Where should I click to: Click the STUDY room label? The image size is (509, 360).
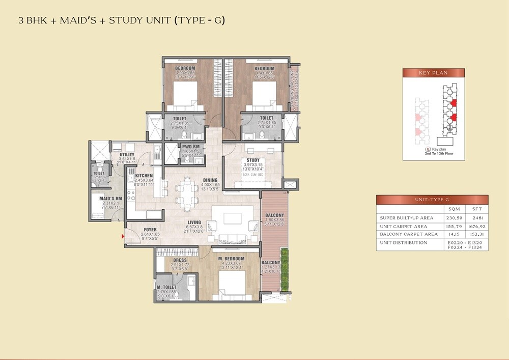tap(253, 160)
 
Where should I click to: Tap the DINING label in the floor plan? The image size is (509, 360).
tap(210, 180)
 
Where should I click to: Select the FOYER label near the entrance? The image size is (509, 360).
tap(150, 230)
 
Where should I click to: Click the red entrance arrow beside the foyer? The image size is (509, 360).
tap(123, 236)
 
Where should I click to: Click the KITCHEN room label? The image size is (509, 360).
tap(144, 175)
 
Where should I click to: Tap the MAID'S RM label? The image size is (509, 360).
tap(110, 198)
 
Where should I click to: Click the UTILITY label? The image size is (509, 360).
tap(127, 155)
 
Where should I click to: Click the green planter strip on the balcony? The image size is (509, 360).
tap(285, 269)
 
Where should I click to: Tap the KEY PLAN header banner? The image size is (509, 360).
tap(433, 73)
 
